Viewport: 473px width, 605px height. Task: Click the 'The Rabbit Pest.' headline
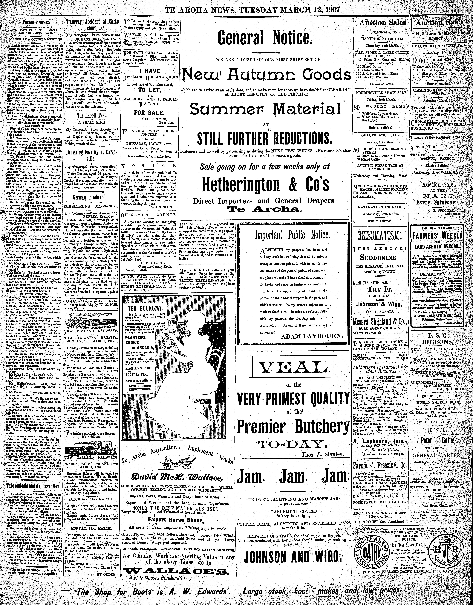[92, 115]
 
